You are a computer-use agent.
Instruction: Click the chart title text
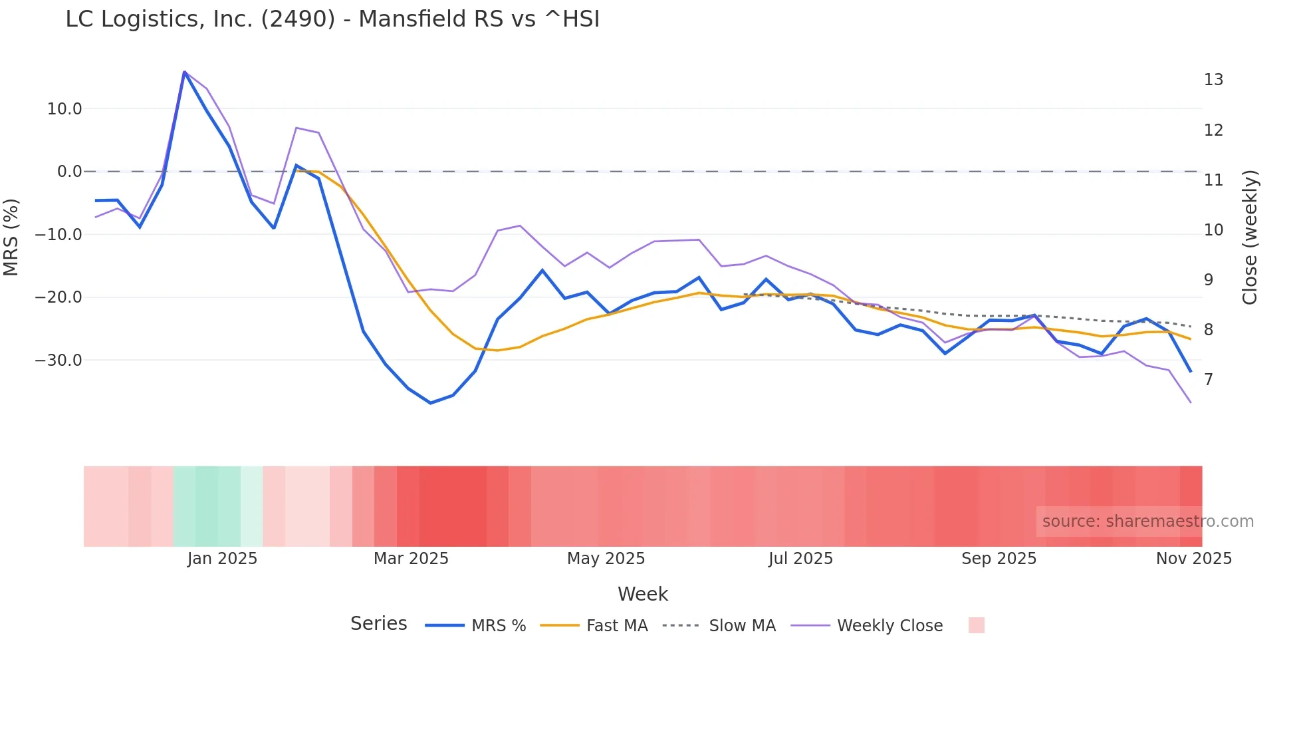tap(332, 19)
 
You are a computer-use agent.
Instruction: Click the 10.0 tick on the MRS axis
tap(64, 108)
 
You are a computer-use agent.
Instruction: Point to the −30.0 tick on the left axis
tap(59, 360)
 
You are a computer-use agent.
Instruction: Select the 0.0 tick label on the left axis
tap(69, 172)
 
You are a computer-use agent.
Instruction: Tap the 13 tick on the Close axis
tap(1213, 80)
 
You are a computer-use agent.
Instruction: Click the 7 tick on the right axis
tap(1209, 379)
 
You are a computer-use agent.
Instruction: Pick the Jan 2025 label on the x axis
tap(222, 558)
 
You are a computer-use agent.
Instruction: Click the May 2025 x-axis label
tap(606, 558)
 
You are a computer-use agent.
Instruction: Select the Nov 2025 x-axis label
tap(1193, 558)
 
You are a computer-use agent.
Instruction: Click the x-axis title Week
tap(642, 593)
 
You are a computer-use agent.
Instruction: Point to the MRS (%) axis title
tap(11, 237)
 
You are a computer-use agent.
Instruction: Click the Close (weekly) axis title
tap(1250, 237)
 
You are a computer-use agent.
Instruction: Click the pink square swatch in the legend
tap(976, 625)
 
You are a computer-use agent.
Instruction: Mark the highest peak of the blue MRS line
tap(184, 72)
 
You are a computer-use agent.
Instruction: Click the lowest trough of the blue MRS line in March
tap(430, 403)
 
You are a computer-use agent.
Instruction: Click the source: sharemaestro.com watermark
tap(1147, 521)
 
